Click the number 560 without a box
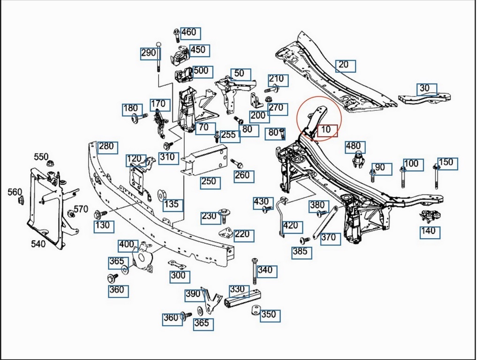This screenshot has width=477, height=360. click(x=15, y=192)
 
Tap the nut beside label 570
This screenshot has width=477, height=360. click(x=71, y=214)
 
